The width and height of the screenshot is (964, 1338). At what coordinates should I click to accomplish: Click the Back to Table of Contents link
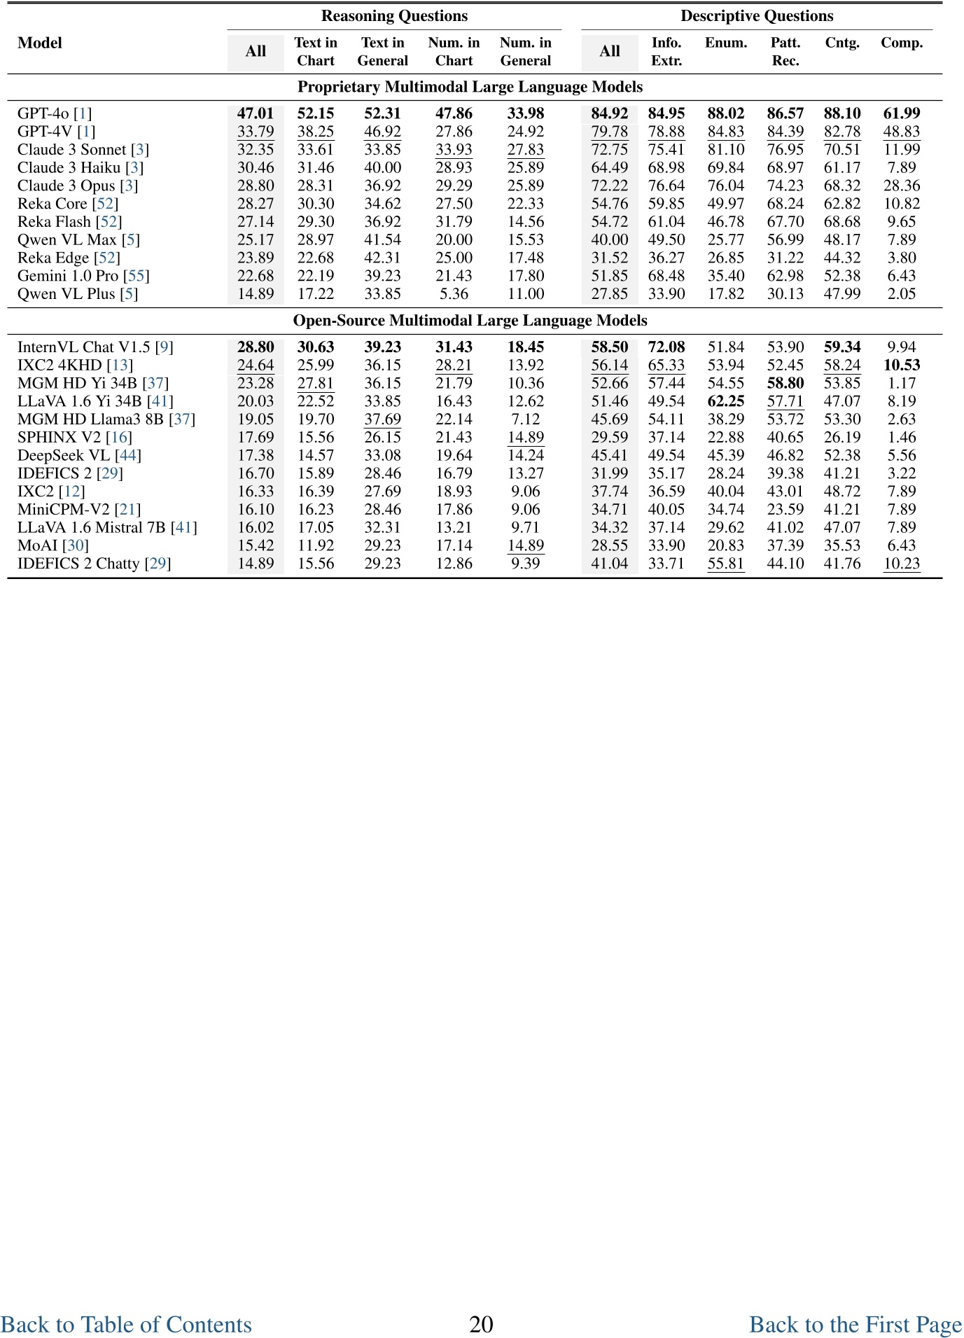pyautogui.click(x=126, y=1324)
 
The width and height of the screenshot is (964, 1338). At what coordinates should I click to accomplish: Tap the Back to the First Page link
pyautogui.click(x=855, y=1324)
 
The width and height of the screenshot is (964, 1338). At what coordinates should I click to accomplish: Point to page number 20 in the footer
pyautogui.click(x=481, y=1324)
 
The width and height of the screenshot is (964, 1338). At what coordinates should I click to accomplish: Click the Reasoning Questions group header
pyautogui.click(x=394, y=16)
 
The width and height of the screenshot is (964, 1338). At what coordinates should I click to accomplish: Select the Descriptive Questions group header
pyautogui.click(x=757, y=16)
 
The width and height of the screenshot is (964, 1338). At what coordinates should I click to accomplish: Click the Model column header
pyautogui.click(x=40, y=43)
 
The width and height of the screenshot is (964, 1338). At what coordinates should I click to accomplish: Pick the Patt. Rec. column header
pyautogui.click(x=785, y=51)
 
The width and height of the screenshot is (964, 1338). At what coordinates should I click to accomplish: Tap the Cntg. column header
pyautogui.click(x=842, y=43)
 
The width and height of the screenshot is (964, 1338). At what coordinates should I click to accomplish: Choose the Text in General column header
pyautogui.click(x=382, y=51)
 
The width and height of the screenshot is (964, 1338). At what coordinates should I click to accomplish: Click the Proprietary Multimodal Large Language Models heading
pyautogui.click(x=470, y=87)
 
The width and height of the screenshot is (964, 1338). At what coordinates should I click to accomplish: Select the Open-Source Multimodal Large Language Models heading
pyautogui.click(x=470, y=321)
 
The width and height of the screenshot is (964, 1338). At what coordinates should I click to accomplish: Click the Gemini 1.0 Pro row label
pyautogui.click(x=68, y=276)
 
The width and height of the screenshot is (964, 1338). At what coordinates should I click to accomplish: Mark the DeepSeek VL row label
pyautogui.click(x=64, y=455)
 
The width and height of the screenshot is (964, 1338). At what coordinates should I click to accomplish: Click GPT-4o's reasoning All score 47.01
pyautogui.click(x=256, y=113)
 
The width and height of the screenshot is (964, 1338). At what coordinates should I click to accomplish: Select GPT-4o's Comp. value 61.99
pyautogui.click(x=902, y=113)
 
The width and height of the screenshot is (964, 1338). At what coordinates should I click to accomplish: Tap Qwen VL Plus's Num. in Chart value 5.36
pyautogui.click(x=454, y=294)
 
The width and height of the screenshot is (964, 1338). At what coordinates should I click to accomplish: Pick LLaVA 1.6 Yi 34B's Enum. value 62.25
pyautogui.click(x=726, y=401)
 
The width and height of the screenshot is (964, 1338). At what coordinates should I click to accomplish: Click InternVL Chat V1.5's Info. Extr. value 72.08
pyautogui.click(x=666, y=347)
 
